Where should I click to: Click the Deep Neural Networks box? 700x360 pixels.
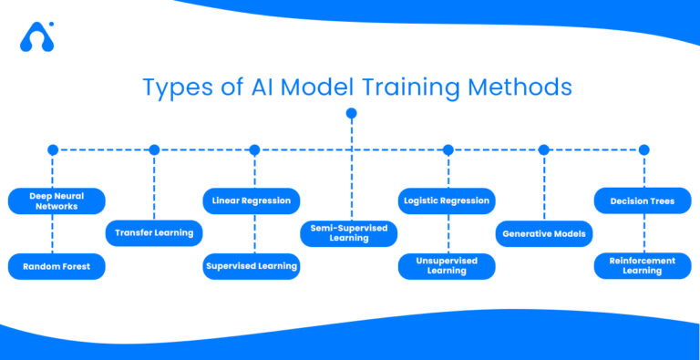(x=57, y=201)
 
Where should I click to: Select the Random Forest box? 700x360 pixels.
(x=57, y=266)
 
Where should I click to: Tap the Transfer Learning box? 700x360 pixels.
(x=154, y=233)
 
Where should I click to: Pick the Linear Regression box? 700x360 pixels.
(x=251, y=201)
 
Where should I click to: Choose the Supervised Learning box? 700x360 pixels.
(x=251, y=266)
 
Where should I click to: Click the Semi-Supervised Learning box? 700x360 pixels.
(x=349, y=233)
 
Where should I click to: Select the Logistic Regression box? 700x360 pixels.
(x=447, y=201)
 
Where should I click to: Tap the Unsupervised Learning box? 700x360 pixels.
(x=447, y=266)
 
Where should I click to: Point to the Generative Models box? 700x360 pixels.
(x=544, y=233)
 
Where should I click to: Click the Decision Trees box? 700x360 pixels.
(x=643, y=201)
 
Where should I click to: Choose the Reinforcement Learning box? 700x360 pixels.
(x=643, y=266)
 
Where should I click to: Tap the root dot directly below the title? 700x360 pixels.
(x=351, y=113)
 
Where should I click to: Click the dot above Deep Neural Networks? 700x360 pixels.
(x=53, y=149)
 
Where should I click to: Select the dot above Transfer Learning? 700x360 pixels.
(x=154, y=149)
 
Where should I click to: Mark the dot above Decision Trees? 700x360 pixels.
(x=643, y=149)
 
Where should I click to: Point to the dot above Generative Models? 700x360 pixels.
(x=544, y=149)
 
